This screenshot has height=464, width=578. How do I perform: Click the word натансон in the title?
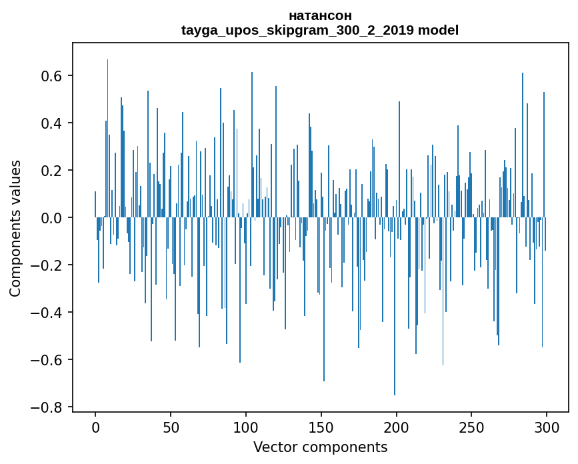320,16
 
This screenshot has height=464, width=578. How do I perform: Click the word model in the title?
438,30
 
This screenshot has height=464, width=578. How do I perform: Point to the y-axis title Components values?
15,229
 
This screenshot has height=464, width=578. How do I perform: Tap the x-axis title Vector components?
320,447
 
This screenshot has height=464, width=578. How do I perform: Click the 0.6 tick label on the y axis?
51,76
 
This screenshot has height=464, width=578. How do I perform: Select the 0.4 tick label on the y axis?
51,123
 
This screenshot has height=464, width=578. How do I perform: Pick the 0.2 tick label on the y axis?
51,171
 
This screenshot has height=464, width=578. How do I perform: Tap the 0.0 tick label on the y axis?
51,218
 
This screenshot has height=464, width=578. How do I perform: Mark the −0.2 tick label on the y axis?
46,265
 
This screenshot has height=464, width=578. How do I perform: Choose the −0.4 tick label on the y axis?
46,313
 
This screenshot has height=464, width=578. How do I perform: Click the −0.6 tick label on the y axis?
46,360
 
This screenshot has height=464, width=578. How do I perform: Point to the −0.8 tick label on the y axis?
46,407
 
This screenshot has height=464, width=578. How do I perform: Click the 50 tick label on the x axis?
171,428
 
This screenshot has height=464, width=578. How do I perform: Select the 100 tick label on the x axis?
246,428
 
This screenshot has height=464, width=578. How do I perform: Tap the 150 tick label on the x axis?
321,428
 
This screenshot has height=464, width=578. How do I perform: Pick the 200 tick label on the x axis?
396,428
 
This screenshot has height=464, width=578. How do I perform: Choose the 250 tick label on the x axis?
471,428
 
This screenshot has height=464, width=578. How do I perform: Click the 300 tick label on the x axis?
547,428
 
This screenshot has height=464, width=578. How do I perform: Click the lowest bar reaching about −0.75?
395,306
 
